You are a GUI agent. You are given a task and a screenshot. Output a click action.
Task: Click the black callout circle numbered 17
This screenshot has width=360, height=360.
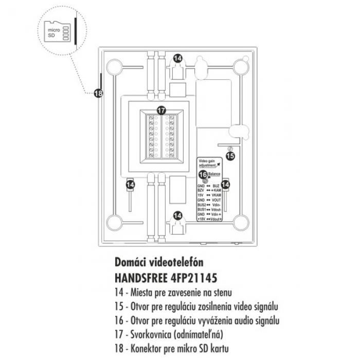(161, 110)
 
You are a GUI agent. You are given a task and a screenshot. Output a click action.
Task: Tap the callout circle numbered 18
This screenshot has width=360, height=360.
(98, 93)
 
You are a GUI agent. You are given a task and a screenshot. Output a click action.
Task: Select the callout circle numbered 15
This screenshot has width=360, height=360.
(230, 155)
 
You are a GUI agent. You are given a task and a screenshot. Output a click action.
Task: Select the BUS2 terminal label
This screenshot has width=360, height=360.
(202, 204)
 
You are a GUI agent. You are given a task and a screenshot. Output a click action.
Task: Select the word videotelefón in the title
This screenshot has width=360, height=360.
(178, 263)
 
